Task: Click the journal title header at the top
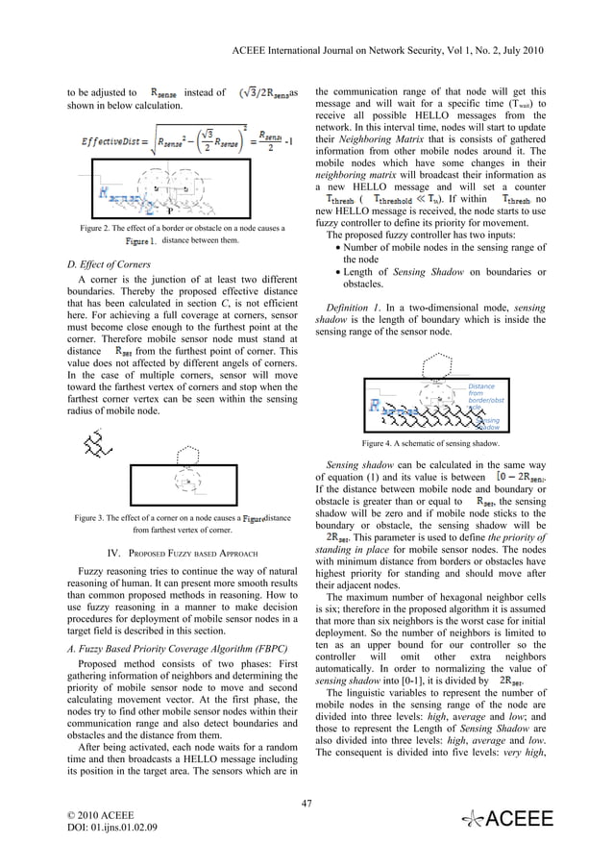(x=405, y=48)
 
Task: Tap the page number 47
(x=306, y=804)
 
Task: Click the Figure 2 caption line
(x=181, y=228)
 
